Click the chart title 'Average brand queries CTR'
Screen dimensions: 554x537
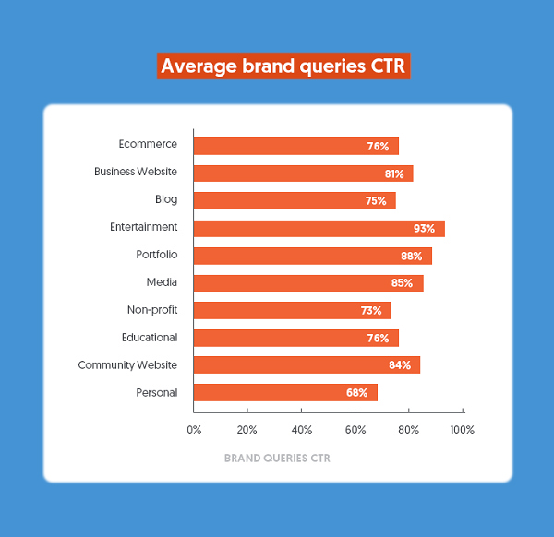[x=283, y=66]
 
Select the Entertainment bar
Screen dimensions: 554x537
[x=319, y=229]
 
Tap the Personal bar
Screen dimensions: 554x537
[x=285, y=392]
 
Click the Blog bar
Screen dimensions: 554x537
[x=295, y=200]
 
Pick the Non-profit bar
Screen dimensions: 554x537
[x=292, y=310]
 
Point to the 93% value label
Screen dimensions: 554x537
[x=424, y=229]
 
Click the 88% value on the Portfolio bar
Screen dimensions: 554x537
[x=411, y=256]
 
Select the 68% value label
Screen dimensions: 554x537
[x=356, y=392]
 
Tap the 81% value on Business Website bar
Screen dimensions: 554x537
[x=394, y=173]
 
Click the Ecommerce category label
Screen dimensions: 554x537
[x=148, y=144]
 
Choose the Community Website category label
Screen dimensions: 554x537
[x=127, y=365]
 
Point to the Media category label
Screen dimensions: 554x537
[x=162, y=282]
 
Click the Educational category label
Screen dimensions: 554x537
[x=150, y=338]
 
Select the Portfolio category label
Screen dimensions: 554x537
[x=157, y=255]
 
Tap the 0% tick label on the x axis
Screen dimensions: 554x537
[x=194, y=430]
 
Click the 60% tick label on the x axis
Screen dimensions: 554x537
[x=355, y=430]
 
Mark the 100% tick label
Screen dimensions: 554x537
[x=463, y=430]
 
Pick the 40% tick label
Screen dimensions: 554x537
[x=302, y=430]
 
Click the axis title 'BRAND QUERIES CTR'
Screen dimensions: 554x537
[x=277, y=459]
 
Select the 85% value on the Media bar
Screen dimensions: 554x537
[x=402, y=283]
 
